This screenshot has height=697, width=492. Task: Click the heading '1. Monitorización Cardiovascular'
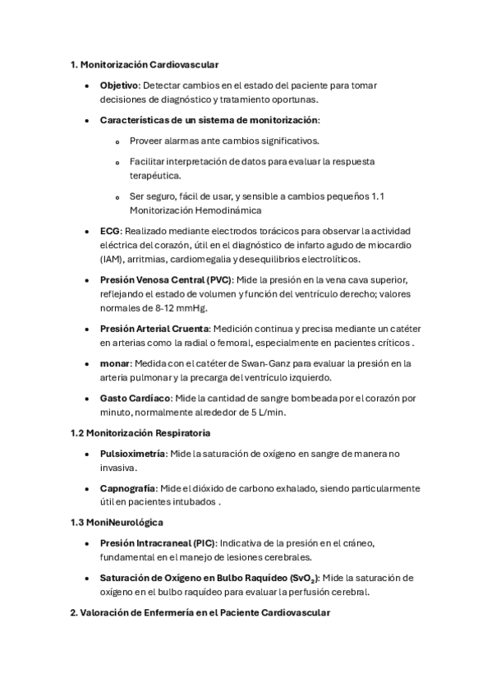145,63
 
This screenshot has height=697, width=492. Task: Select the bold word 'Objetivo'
120,85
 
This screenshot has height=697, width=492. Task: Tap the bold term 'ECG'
110,232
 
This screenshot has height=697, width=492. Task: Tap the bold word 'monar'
115,363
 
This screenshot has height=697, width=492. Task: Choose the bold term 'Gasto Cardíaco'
136,399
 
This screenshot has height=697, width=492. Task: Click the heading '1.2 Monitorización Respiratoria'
140,432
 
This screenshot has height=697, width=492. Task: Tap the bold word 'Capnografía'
127,488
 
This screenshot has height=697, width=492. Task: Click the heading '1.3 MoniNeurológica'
117,522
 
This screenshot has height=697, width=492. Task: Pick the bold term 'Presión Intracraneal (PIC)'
158,543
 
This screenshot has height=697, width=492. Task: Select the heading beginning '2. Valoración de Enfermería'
200,613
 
